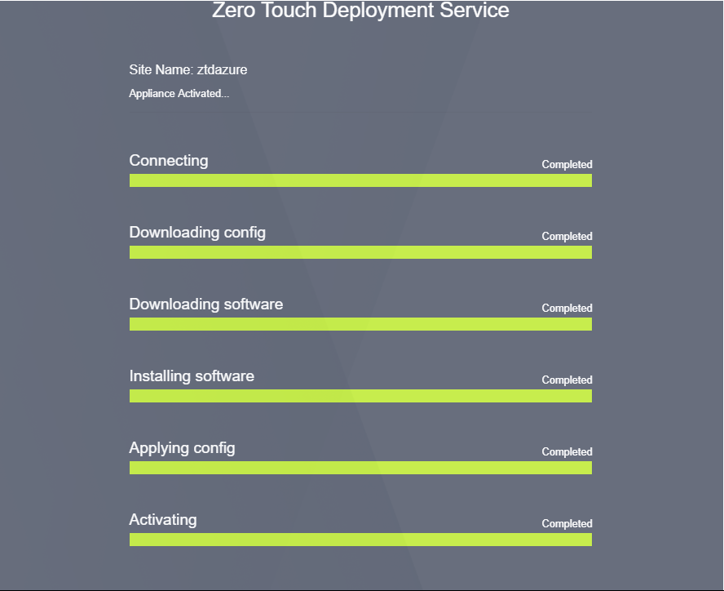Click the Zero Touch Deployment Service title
(360, 10)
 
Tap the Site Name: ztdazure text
(188, 70)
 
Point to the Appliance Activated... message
(179, 93)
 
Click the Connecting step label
(169, 161)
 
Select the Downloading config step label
(197, 232)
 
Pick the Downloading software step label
(206, 304)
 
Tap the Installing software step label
(192, 376)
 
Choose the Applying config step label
(182, 448)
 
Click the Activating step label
(163, 520)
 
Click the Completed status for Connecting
(567, 165)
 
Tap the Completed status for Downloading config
(567, 236)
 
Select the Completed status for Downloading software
(567, 308)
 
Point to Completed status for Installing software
(567, 380)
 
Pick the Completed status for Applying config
(567, 451)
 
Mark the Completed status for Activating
(567, 523)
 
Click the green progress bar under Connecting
(360, 180)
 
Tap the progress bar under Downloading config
(360, 252)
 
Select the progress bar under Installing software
(360, 396)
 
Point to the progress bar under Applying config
(360, 468)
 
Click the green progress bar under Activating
(360, 540)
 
